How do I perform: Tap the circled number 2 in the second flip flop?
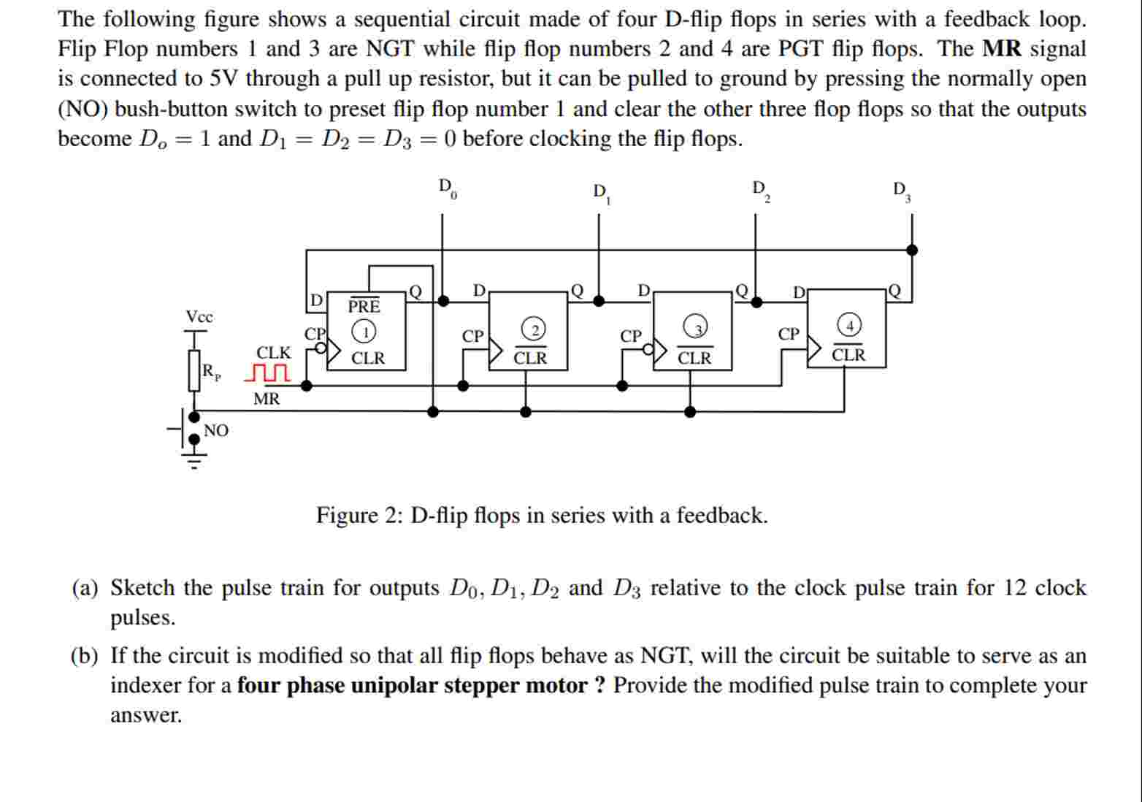tap(534, 329)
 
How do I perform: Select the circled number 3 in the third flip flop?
tap(697, 328)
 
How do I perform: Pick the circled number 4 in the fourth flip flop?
tap(849, 324)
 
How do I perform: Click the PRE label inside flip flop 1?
tap(364, 305)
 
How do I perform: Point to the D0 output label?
tap(447, 188)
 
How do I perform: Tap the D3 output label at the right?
tap(901, 191)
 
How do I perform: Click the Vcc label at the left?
tap(199, 317)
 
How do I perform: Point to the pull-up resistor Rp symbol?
tap(194, 371)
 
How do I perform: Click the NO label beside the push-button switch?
tap(216, 431)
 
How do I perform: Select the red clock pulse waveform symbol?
tap(267, 374)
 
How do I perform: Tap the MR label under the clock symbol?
tap(267, 399)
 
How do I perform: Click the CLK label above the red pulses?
tap(273, 353)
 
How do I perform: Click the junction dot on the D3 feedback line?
tap(911, 250)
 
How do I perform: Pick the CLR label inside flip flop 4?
tap(848, 355)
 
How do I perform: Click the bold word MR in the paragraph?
tap(1002, 49)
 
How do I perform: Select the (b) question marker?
tap(84, 656)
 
